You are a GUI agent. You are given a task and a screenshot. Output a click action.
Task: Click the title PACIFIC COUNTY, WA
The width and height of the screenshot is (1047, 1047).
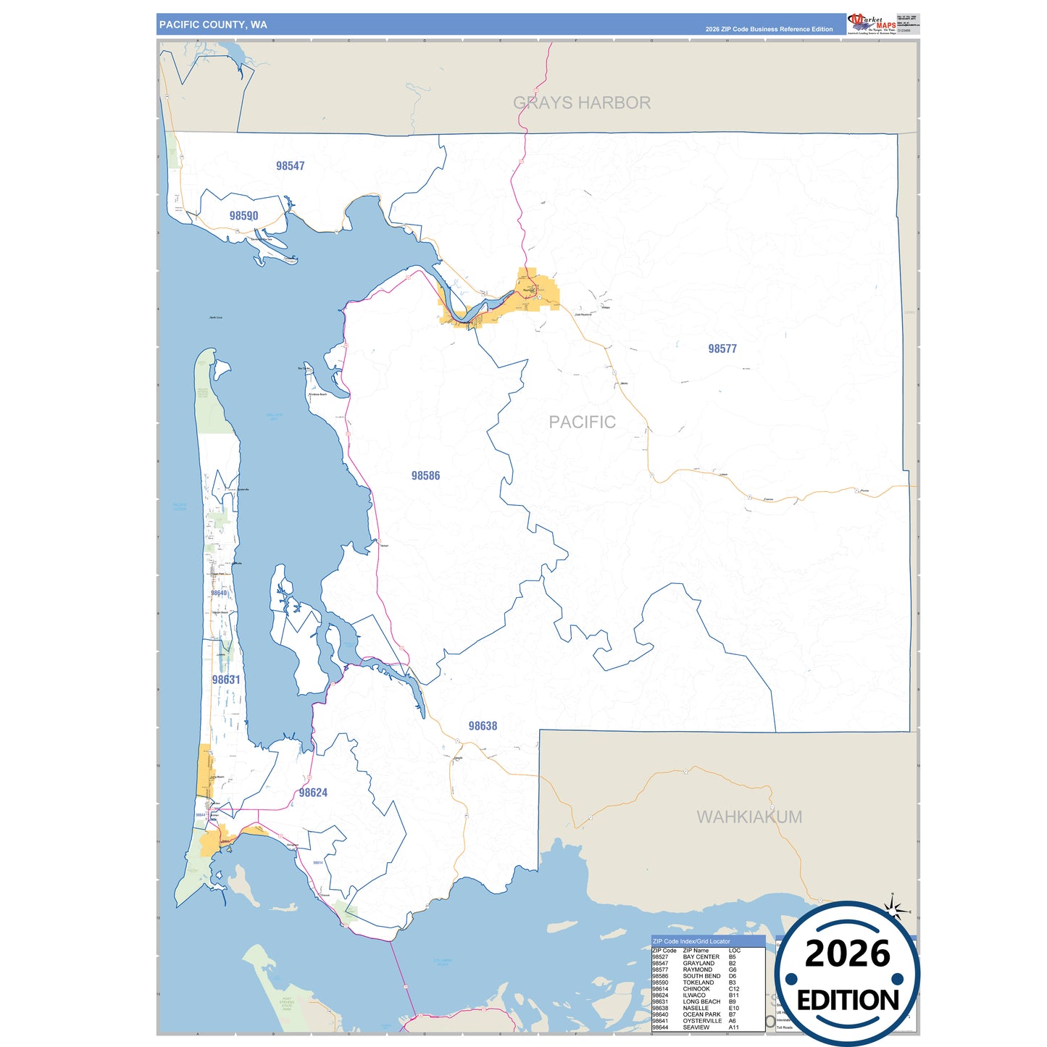[213, 25]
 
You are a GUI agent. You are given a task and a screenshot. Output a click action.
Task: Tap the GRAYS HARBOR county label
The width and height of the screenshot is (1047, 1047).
[582, 103]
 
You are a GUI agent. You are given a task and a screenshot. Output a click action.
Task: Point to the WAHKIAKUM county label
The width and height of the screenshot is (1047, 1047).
[749, 817]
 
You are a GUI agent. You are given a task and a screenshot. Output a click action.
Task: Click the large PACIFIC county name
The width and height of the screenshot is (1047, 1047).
[582, 422]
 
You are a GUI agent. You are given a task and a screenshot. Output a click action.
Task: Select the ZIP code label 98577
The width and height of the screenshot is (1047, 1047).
[722, 349]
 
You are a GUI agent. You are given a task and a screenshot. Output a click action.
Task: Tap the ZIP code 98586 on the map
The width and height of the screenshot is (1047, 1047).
[425, 475]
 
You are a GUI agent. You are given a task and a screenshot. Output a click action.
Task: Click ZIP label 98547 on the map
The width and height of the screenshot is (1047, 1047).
[290, 166]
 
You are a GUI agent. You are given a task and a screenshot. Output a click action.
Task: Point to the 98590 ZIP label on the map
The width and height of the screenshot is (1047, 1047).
[243, 216]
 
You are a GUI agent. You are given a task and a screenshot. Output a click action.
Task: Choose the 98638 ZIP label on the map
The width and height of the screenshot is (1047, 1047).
[483, 726]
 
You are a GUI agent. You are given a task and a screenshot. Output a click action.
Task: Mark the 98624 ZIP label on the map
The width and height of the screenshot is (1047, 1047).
[313, 793]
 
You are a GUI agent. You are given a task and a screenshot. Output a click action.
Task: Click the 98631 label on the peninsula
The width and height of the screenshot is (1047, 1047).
[226, 680]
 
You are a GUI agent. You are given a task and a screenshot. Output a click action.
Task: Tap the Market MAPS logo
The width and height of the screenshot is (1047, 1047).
[872, 23]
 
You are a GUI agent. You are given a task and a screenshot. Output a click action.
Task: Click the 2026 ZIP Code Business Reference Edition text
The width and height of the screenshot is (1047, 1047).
[769, 29]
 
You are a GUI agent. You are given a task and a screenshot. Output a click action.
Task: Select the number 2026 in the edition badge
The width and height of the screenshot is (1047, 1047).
[847, 954]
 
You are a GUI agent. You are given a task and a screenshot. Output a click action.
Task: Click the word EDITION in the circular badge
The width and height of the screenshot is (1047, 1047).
[848, 1001]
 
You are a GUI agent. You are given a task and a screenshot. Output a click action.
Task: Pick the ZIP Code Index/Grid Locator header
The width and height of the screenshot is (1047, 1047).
[691, 941]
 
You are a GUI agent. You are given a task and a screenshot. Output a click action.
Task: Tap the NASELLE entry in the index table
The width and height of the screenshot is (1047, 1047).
[696, 1008]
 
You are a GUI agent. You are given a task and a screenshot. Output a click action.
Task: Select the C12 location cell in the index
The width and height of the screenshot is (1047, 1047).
[734, 989]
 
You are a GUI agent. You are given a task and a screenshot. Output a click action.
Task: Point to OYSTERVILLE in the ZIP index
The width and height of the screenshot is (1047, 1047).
[702, 1021]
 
